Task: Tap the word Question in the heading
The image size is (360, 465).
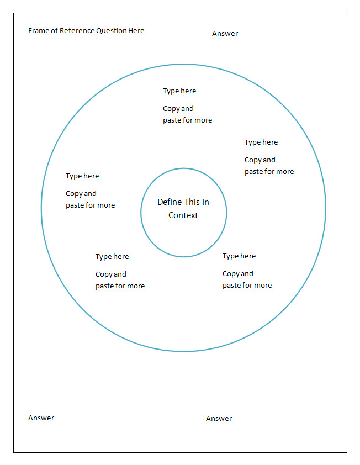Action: pos(112,31)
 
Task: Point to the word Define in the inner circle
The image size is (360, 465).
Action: pos(169,202)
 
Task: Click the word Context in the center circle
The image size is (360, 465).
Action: pos(183,215)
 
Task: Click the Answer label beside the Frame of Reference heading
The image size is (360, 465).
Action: pos(225,34)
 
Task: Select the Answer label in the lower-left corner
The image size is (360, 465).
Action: pos(41,418)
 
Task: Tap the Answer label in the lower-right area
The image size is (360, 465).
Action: pos(219,419)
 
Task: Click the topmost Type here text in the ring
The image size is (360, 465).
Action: pos(179,91)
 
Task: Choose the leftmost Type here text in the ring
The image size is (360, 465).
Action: pos(82,176)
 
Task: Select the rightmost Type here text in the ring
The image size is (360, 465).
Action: pos(261,142)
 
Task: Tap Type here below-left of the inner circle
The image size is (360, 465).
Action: pos(112,257)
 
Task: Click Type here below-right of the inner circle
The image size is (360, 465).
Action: pos(239,256)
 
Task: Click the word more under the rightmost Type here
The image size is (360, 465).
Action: pos(285,172)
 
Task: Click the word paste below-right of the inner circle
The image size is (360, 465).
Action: pos(232,286)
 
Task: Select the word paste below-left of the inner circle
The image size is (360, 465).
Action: pos(105,286)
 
